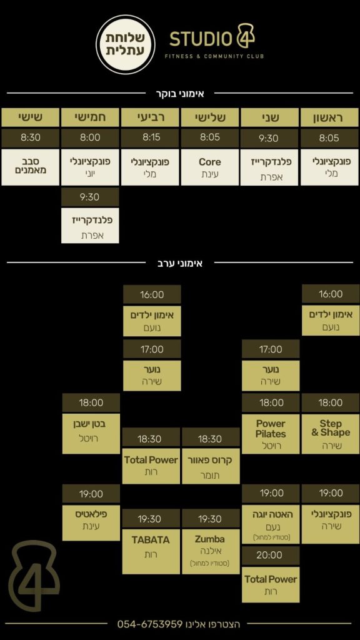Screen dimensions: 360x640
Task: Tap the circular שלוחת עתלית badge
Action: (x=125, y=44)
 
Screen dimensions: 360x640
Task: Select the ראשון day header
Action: (x=330, y=117)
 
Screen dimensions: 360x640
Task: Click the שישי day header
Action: (x=30, y=117)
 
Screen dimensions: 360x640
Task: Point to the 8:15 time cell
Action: (x=150, y=138)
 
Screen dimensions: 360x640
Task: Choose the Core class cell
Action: (x=210, y=167)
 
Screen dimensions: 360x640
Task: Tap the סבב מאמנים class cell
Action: (x=30, y=167)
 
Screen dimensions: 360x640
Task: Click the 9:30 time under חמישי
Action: (x=90, y=197)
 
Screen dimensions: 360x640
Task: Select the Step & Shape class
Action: (x=331, y=434)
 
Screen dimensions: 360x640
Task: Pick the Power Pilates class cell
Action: (x=271, y=434)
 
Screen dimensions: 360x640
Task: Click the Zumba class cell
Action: (x=211, y=552)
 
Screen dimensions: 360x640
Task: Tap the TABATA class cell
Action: (x=151, y=552)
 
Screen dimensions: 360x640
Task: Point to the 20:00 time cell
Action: (x=270, y=555)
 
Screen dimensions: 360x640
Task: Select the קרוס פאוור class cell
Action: (x=211, y=467)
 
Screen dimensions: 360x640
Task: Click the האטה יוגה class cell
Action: (x=271, y=524)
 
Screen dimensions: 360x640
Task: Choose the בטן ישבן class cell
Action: (x=91, y=434)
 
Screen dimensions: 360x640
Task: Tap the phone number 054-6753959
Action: (x=150, y=624)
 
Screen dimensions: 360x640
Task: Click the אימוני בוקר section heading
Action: (x=180, y=94)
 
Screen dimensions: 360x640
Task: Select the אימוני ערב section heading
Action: (x=180, y=263)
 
